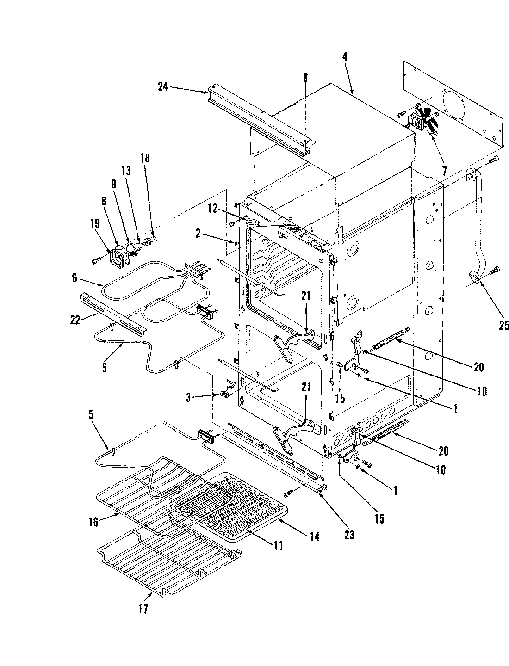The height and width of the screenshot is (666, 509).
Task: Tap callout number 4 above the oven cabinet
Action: pos(345,55)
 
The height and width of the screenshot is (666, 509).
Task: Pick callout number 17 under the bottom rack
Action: pos(143,609)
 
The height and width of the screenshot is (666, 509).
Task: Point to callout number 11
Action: pos(278,545)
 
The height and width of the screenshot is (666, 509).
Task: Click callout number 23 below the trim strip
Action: pos(349,535)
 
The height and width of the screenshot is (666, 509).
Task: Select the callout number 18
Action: pos(145,158)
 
